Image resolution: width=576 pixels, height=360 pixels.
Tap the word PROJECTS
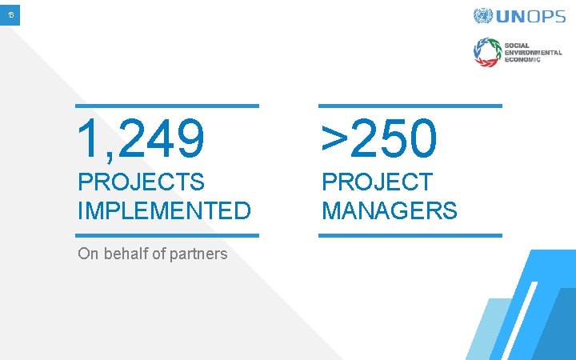pos(141,182)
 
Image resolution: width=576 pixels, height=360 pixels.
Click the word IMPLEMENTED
pos(164,211)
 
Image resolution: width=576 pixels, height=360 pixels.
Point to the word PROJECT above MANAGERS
pos(377,182)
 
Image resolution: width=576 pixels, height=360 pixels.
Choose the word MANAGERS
pos(390,211)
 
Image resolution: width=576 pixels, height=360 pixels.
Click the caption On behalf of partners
pos(152,254)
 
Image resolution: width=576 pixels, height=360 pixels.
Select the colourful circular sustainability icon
pos(486,52)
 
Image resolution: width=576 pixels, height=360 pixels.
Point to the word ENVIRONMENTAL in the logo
pos(534,51)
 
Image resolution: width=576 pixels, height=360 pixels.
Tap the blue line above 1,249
pos(167,106)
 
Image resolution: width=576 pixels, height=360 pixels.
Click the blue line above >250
pos(410,106)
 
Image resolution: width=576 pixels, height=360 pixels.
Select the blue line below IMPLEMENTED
pos(167,235)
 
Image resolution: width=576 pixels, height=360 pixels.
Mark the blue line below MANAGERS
pos(410,235)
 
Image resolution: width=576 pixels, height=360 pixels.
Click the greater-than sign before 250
pos(334,139)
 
